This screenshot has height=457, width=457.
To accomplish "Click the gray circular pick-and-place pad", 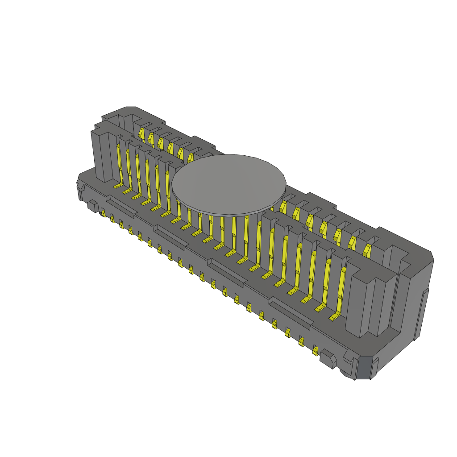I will (228, 183).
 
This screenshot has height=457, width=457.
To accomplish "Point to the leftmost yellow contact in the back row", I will (141, 133).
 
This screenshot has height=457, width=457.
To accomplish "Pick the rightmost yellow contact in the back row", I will (367, 250).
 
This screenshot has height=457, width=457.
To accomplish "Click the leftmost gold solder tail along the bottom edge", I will (103, 213).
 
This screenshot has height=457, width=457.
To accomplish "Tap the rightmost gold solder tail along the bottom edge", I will (316, 350).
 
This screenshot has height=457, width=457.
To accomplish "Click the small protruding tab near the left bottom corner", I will (92, 206).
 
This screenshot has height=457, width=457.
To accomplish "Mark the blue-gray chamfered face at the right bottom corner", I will (365, 368).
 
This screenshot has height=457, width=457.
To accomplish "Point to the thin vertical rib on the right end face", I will (422, 312).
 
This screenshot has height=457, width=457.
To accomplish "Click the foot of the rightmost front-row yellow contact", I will (334, 317).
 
